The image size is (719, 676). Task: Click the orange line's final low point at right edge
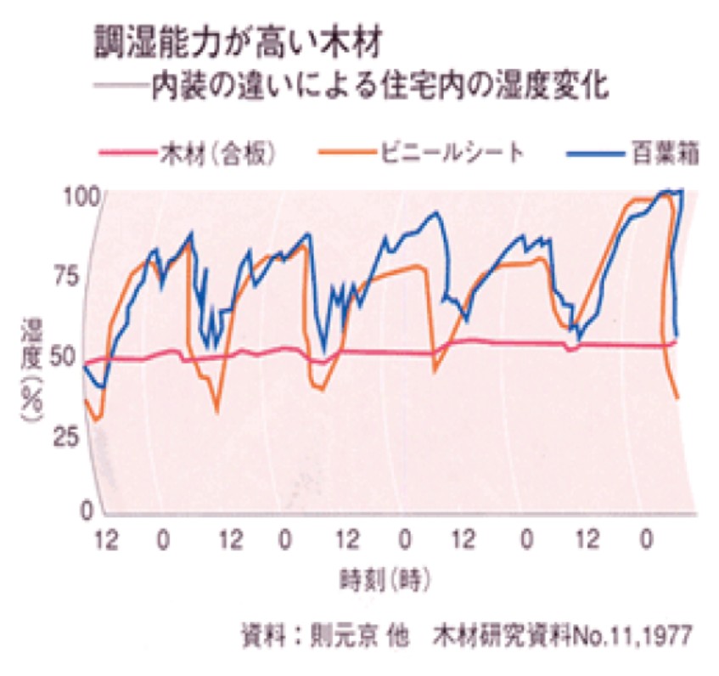677,397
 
